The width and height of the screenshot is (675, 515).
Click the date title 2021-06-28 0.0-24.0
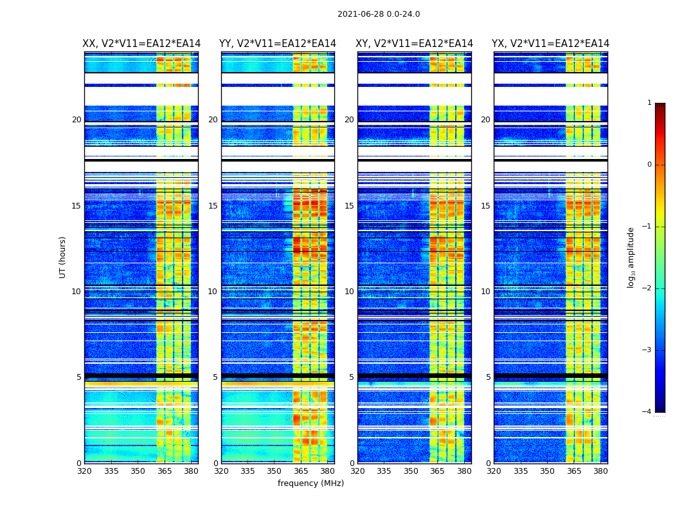[379, 14]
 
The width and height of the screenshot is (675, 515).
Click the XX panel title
[141, 44]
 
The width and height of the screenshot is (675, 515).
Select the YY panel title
[278, 44]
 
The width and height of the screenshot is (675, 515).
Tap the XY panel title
[415, 44]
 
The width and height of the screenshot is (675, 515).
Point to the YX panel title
[551, 44]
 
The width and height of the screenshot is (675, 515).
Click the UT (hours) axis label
[62, 257]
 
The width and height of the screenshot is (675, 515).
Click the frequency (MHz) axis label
[310, 483]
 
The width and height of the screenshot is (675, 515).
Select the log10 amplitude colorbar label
[631, 257]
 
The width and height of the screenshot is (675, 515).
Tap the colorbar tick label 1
[649, 103]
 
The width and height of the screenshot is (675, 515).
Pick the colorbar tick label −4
[647, 412]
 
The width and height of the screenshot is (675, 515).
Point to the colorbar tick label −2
[647, 288]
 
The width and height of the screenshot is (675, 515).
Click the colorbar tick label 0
[649, 165]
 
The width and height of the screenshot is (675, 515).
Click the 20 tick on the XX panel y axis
[76, 120]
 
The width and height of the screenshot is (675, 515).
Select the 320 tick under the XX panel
[84, 471]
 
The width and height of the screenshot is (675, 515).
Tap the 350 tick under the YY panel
[274, 471]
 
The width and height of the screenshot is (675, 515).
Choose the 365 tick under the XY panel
[437, 471]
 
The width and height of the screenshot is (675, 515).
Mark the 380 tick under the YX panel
[600, 471]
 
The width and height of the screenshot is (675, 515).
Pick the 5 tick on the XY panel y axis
[351, 377]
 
